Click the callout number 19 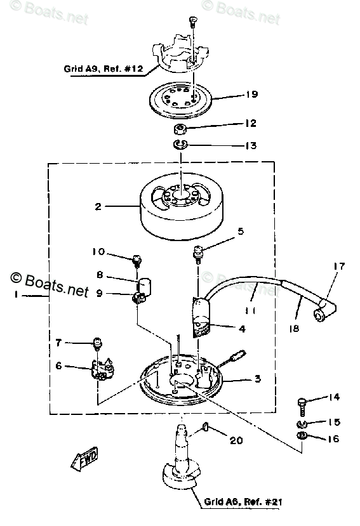pos(251,95)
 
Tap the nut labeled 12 pos(180,129)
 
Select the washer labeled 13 pos(181,145)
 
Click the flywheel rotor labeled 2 pos(182,206)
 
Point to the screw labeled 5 pos(198,253)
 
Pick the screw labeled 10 pos(137,261)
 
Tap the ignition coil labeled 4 pos(201,317)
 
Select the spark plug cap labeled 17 pos(324,310)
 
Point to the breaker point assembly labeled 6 pos(102,370)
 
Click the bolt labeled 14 pos(302,406)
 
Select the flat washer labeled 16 pos(302,436)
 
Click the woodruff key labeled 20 pos(205,428)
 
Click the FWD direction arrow pos(84,457)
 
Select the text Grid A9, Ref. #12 pos(103,69)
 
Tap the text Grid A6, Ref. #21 pos(243,501)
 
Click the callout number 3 pos(257,379)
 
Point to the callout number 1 pos(15,295)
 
